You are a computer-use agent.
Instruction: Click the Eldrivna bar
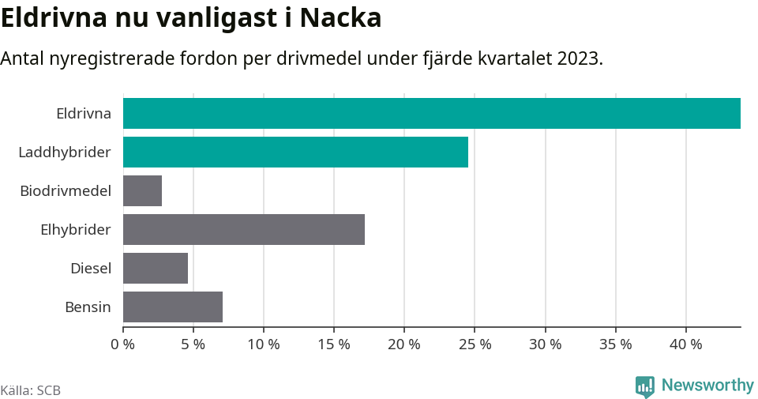(x=431, y=113)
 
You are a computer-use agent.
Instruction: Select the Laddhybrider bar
(x=295, y=152)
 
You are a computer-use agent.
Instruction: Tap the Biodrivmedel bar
(x=142, y=190)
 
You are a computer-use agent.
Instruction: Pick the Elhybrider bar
(x=243, y=229)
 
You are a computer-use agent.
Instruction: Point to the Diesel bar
(x=156, y=268)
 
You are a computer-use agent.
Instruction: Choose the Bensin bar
(x=173, y=307)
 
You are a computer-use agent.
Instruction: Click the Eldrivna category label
(x=84, y=113)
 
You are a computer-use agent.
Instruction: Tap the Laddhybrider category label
(x=65, y=152)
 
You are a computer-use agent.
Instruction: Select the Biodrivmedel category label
(x=66, y=190)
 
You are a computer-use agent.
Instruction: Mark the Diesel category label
(x=91, y=268)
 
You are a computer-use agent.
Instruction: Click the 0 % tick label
(x=123, y=344)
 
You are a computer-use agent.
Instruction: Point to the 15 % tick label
(x=334, y=344)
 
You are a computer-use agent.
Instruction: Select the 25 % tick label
(x=475, y=344)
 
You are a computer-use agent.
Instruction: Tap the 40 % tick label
(x=685, y=344)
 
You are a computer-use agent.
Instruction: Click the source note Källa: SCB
(x=31, y=390)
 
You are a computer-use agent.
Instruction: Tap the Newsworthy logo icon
(x=644, y=386)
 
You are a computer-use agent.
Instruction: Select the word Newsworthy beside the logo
(x=707, y=386)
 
